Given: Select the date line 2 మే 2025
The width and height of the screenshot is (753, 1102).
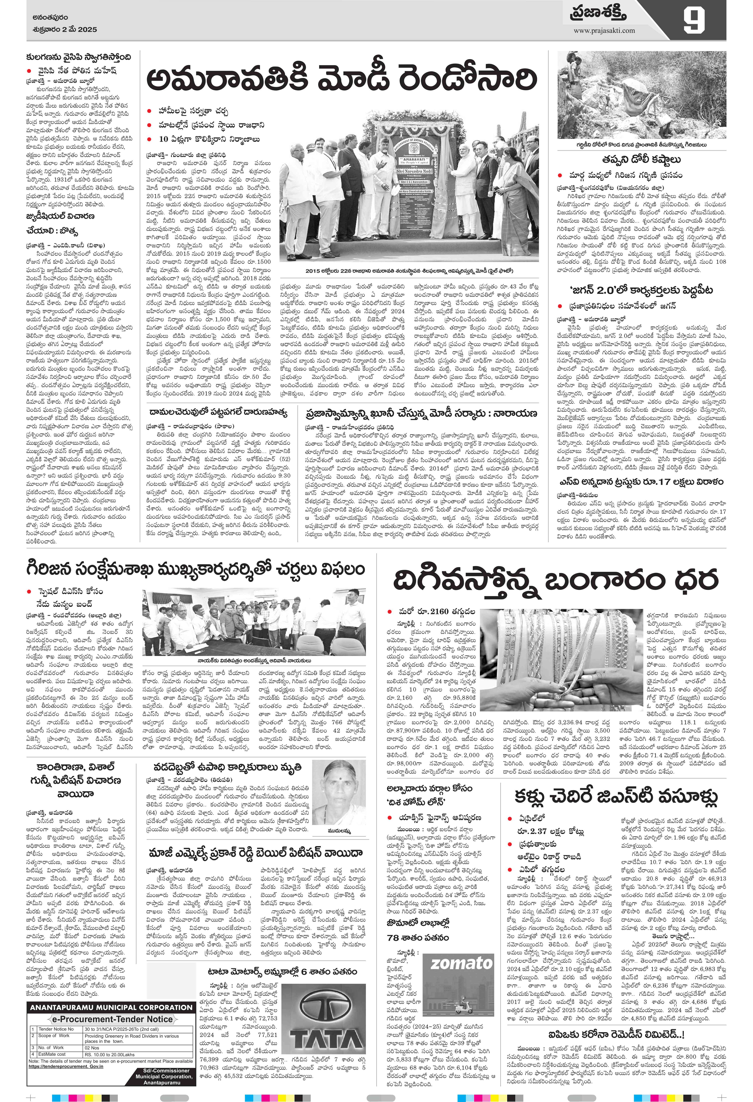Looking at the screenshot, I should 62,29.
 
